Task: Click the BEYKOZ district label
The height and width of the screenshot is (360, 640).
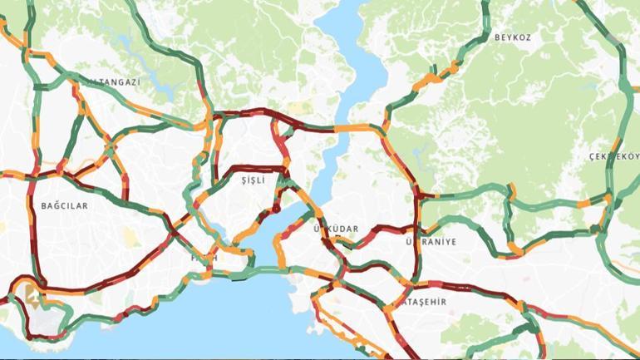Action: [512, 37]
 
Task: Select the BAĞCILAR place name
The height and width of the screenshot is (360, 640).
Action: [63, 205]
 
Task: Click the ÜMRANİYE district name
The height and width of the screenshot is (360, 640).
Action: [431, 242]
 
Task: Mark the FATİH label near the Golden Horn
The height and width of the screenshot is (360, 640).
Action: [204, 259]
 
